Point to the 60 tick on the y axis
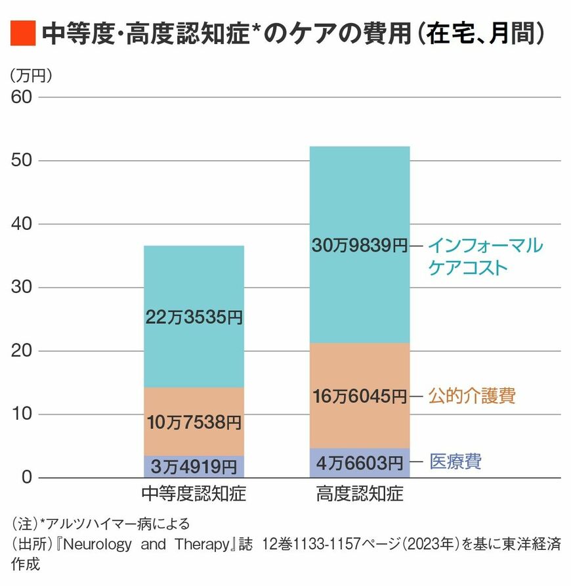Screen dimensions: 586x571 click(x=22, y=97)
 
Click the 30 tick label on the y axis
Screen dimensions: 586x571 click(x=22, y=288)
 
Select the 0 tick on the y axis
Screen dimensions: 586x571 click(x=26, y=478)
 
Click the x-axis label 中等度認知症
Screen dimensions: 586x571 click(x=194, y=493)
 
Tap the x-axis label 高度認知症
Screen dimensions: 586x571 click(x=360, y=493)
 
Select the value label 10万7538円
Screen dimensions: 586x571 click(x=194, y=421)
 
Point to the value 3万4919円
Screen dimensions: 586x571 click(x=194, y=467)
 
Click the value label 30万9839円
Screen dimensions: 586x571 click(x=360, y=246)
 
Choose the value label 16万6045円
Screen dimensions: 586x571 click(x=360, y=396)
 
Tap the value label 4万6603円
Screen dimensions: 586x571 click(x=360, y=462)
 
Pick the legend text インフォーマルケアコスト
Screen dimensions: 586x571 click(x=485, y=257)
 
